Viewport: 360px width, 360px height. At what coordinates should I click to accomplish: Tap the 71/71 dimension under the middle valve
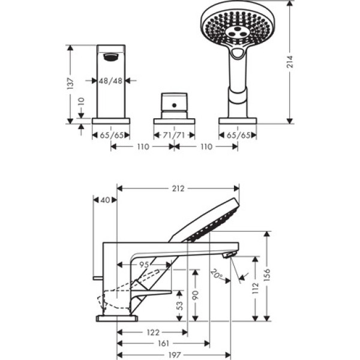pyautogui.click(x=174, y=135)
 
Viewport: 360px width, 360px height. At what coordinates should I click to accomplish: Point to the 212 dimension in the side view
pyautogui.click(x=178, y=188)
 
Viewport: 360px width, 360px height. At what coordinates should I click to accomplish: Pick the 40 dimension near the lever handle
pyautogui.click(x=106, y=200)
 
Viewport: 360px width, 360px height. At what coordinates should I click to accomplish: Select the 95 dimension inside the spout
pyautogui.click(x=144, y=265)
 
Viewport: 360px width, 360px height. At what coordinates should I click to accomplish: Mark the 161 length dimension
pyautogui.click(x=163, y=344)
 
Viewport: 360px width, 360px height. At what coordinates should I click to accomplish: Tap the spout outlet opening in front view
pyautogui.click(x=110, y=58)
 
